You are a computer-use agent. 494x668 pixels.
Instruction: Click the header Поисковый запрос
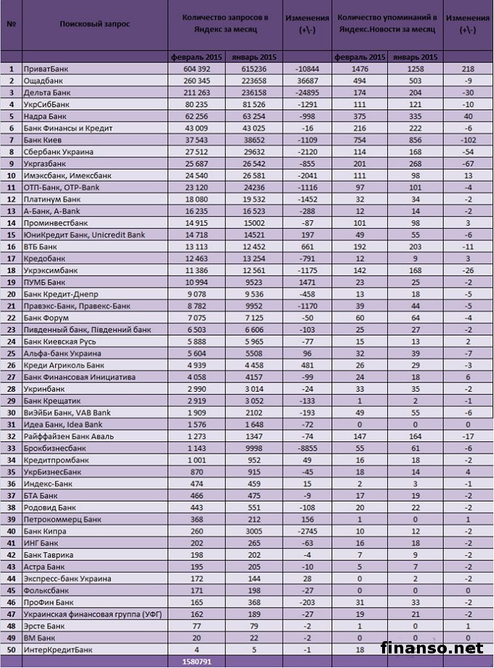[96, 23]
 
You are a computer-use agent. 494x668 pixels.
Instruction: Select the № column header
[11, 23]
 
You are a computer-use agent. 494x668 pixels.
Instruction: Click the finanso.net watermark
[431, 646]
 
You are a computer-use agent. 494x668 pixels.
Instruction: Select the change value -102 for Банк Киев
[468, 140]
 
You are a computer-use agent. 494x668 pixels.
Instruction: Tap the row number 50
[11, 649]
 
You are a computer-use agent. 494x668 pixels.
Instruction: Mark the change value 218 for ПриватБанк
[468, 68]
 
